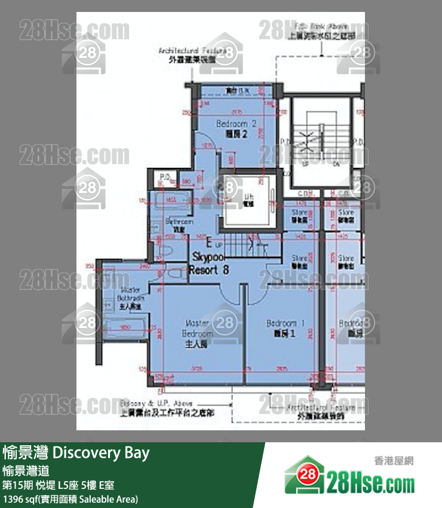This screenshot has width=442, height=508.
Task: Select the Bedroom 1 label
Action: coord(285,328)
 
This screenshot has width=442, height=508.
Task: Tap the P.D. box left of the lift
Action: coord(165,177)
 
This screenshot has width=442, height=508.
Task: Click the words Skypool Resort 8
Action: coord(208,263)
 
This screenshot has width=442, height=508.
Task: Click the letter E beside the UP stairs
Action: coord(209,243)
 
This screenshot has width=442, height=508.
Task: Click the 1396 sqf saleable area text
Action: coord(70,498)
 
